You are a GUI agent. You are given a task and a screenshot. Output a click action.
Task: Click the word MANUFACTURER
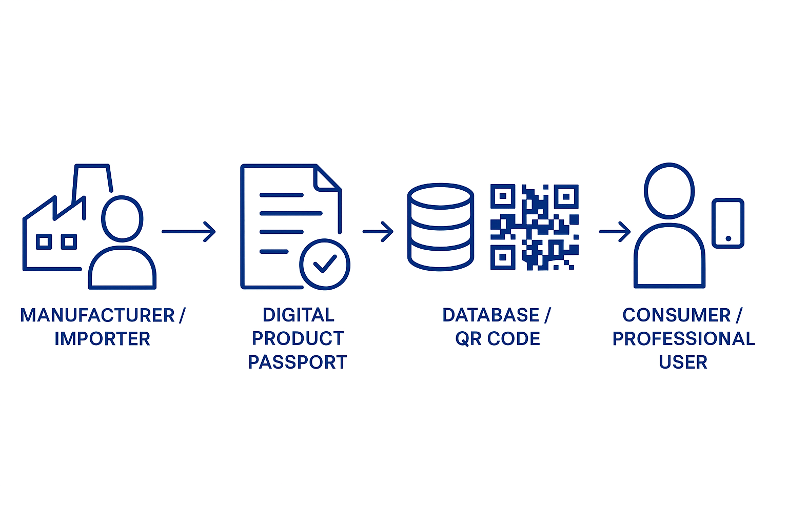[x=97, y=315]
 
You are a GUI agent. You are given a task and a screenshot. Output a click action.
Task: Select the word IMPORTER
[x=102, y=339]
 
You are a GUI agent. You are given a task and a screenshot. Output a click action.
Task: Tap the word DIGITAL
[x=298, y=315]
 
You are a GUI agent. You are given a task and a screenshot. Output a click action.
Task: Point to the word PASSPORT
[x=298, y=362]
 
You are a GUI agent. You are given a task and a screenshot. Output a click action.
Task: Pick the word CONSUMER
[x=677, y=315]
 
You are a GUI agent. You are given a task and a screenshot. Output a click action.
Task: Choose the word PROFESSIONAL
[x=684, y=339]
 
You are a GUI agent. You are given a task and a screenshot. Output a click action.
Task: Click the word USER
[x=683, y=362]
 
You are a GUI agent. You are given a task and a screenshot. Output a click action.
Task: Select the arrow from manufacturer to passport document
[x=189, y=231]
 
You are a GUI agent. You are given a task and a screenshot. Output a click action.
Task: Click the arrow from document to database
[x=378, y=231]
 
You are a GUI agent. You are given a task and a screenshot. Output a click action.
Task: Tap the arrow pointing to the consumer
[x=615, y=231]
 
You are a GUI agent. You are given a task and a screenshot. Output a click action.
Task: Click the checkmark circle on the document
[x=325, y=265]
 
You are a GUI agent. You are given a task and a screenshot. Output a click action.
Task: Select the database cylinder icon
[x=440, y=227]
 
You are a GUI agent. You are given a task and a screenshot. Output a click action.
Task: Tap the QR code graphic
[x=535, y=227]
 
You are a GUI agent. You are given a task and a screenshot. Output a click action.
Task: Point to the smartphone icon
[x=728, y=223]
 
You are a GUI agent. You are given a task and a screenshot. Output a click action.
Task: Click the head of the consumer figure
[x=669, y=190]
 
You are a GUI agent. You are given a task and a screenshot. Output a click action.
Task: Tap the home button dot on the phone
[x=728, y=238]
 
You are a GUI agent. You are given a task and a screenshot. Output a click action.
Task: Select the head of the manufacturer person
[x=122, y=218]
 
